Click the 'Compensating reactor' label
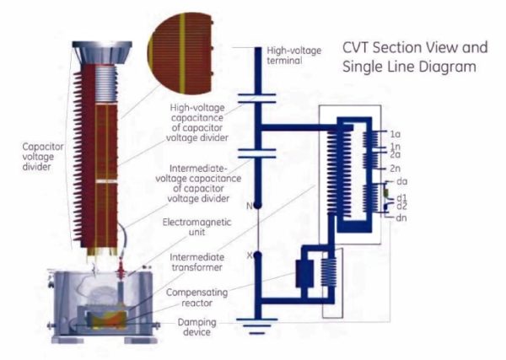tap(199, 297)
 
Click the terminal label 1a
tap(395, 134)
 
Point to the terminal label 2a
tap(395, 155)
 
